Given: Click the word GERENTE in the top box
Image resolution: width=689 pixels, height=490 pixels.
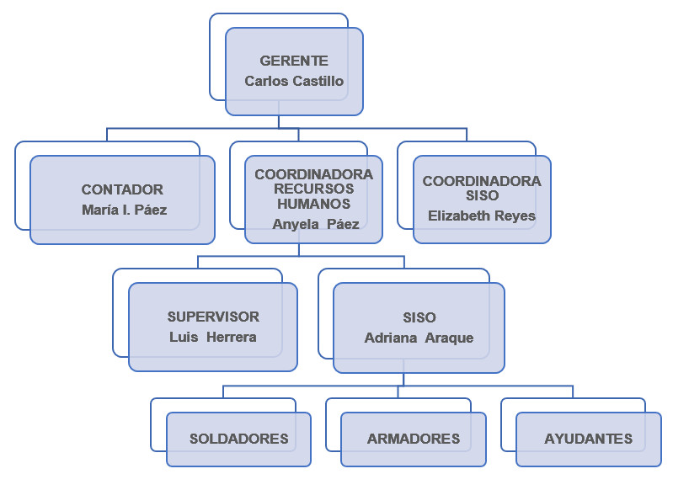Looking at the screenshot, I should (294, 61).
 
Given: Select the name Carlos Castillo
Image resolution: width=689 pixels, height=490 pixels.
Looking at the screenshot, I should (294, 82).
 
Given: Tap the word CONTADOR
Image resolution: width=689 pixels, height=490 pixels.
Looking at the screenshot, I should (122, 190).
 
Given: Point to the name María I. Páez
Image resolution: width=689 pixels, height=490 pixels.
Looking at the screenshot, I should (124, 210).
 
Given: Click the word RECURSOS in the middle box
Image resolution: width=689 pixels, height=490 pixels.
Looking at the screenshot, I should (313, 189).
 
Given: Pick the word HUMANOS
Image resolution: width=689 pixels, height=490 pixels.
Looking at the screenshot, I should (313, 204).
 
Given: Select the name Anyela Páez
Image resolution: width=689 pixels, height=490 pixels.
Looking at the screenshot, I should (316, 225).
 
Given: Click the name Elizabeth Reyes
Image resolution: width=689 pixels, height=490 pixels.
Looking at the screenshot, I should (482, 216).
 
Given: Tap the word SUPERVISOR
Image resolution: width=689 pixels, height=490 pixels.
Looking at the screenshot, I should (213, 317).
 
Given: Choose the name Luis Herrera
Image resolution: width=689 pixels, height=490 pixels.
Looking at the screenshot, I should (212, 338).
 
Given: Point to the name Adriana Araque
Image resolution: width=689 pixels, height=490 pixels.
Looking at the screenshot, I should (419, 338).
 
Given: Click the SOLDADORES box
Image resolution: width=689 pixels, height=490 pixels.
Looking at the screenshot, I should (238, 439).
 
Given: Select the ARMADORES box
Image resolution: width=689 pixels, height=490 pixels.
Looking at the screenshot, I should (414, 439).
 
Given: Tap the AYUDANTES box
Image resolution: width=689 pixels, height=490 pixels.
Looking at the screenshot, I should (588, 439).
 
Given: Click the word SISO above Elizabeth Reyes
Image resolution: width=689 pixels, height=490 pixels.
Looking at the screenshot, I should (482, 196).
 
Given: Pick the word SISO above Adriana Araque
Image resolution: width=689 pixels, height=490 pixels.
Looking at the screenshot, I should (419, 318).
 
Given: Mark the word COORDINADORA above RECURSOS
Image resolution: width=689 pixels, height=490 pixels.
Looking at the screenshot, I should (313, 175).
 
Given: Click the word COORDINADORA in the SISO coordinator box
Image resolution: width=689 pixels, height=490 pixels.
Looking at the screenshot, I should (482, 182).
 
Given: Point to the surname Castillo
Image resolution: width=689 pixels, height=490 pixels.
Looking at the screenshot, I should (318, 82).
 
